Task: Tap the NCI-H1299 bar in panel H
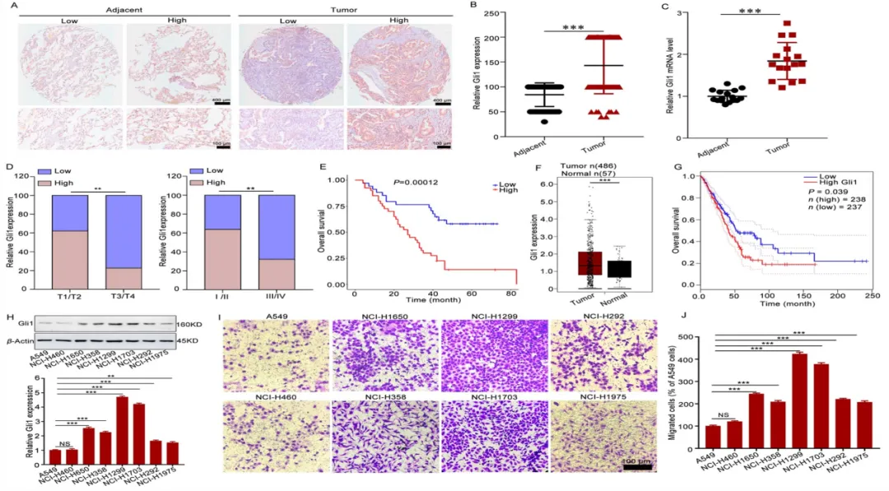click(x=121, y=422)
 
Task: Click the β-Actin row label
click(x=21, y=339)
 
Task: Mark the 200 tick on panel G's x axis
click(x=837, y=294)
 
